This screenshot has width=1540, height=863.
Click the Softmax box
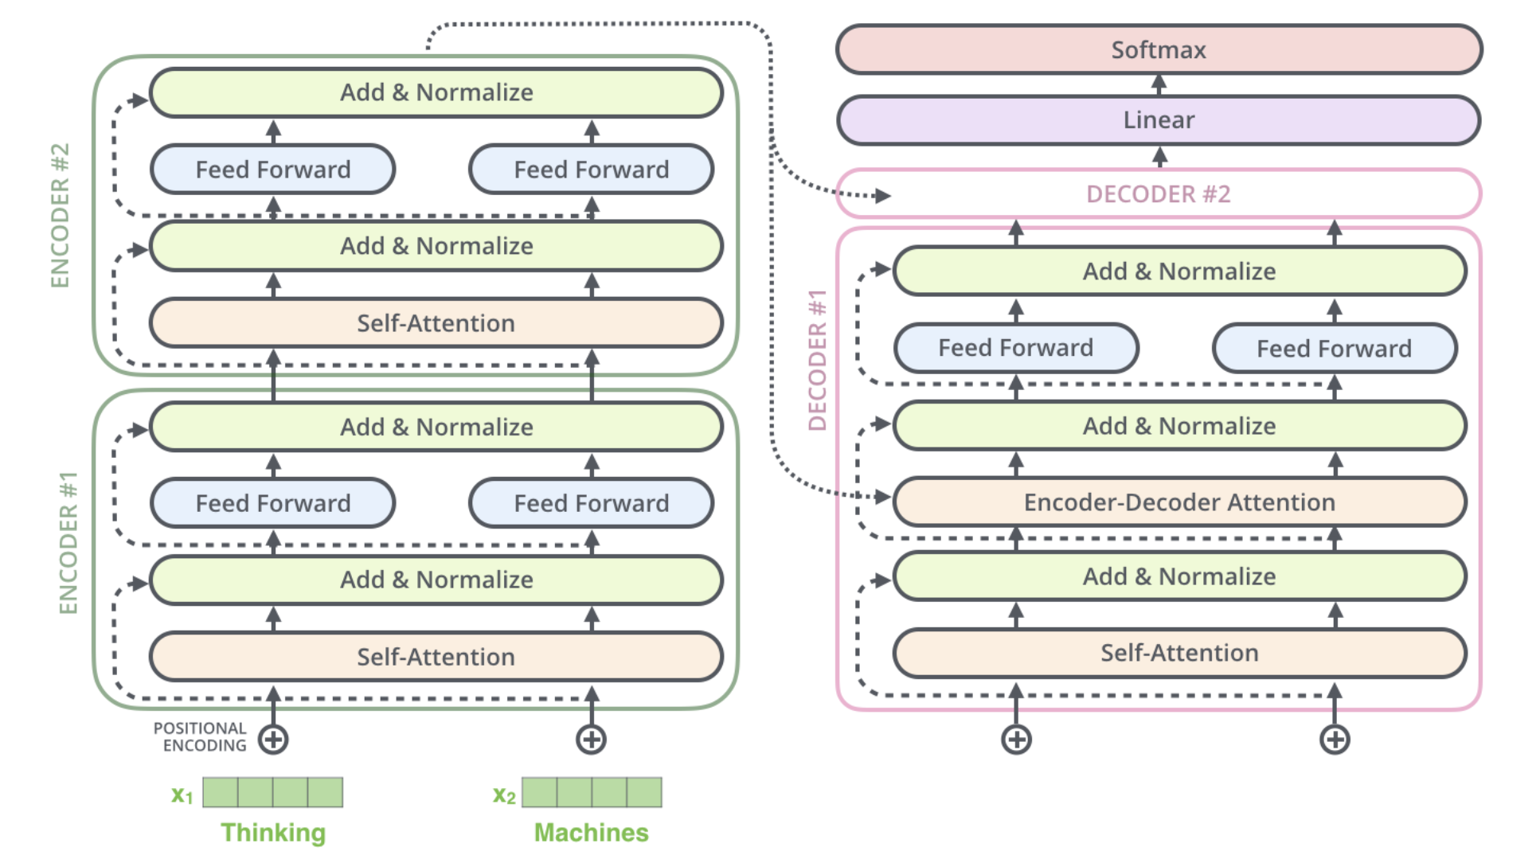(1159, 49)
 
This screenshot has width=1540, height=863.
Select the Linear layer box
(1159, 120)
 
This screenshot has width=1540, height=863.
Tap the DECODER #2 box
(1159, 193)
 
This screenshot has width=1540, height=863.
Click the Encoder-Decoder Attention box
(1179, 502)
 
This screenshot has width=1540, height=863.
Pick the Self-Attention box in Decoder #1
(1179, 653)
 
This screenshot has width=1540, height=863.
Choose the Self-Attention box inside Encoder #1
(436, 657)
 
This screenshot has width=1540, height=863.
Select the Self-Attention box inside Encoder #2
(436, 323)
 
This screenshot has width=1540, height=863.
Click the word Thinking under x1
(273, 833)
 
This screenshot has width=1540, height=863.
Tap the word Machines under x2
(591, 833)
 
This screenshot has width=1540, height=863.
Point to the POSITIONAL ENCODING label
(201, 737)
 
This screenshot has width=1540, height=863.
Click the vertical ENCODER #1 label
(68, 543)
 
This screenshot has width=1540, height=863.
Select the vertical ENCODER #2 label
(61, 215)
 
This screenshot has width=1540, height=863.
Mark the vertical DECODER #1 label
(817, 360)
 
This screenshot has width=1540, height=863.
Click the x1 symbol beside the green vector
(182, 795)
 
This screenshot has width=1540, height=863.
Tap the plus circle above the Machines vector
(591, 740)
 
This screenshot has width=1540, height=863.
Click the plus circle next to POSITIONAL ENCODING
(273, 740)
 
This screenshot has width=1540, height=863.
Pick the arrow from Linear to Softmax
(1159, 84)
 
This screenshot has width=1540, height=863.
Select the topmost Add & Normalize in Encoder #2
(436, 92)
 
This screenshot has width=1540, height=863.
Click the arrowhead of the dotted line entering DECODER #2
(881, 195)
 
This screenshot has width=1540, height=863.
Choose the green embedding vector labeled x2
(592, 793)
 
